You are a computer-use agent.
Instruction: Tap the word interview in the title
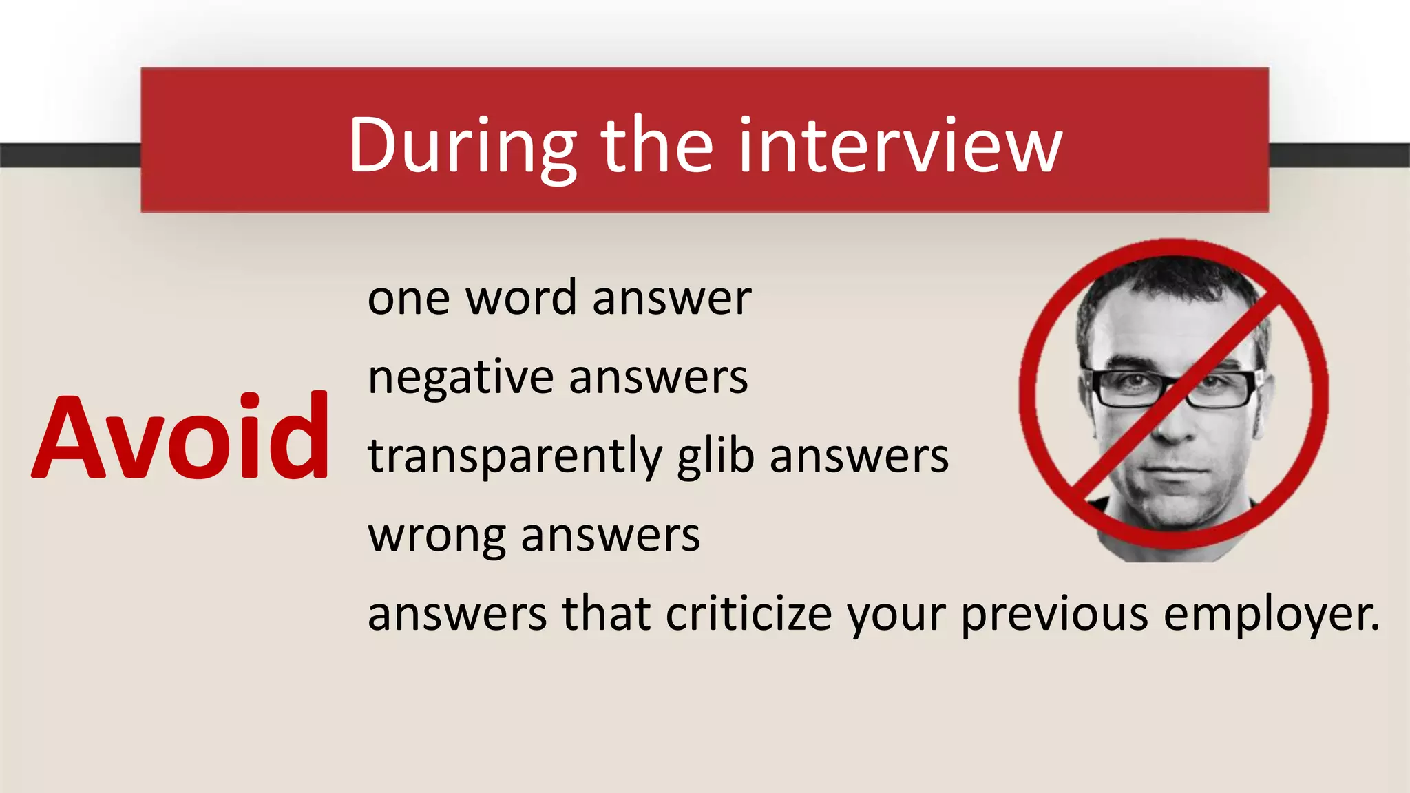pyautogui.click(x=901, y=146)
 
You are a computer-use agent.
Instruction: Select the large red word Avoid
pyautogui.click(x=180, y=436)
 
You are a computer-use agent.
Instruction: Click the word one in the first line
pyautogui.click(x=408, y=299)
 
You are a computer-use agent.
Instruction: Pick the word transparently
pyautogui.click(x=514, y=457)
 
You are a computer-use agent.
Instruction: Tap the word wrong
pyautogui.click(x=436, y=536)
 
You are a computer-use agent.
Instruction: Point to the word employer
pyautogui.click(x=1271, y=614)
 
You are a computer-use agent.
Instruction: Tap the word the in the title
pyautogui.click(x=657, y=146)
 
